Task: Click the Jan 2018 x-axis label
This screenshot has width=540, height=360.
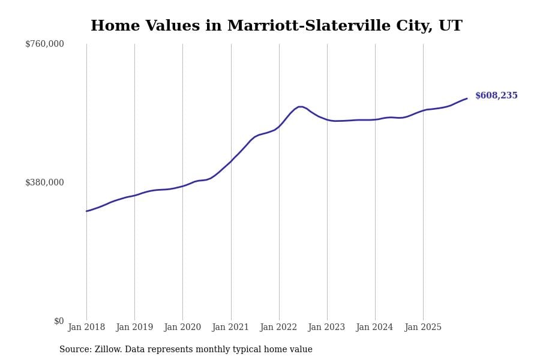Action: click(86, 328)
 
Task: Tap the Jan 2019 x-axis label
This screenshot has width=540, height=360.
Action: click(134, 328)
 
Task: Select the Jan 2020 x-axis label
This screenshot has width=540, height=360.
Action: click(182, 328)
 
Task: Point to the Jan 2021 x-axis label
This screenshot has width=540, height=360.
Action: click(231, 328)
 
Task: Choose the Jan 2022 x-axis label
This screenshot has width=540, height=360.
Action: click(279, 328)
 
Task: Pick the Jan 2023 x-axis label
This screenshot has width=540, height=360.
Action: click(327, 328)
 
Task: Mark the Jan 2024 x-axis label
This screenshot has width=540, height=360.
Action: click(375, 328)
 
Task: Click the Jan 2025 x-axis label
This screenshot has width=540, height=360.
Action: click(423, 328)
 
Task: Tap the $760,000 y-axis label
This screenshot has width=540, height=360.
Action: click(44, 44)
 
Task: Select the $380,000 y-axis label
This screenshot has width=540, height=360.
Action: click(44, 182)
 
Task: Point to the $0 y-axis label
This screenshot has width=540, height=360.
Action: click(59, 321)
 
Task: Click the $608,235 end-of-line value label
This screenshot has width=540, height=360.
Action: click(496, 96)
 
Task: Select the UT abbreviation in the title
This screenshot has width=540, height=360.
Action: click(450, 26)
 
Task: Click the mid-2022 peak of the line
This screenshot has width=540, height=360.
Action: click(299, 107)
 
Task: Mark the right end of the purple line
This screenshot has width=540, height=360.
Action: click(467, 98)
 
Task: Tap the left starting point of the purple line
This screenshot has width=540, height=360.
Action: click(86, 211)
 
